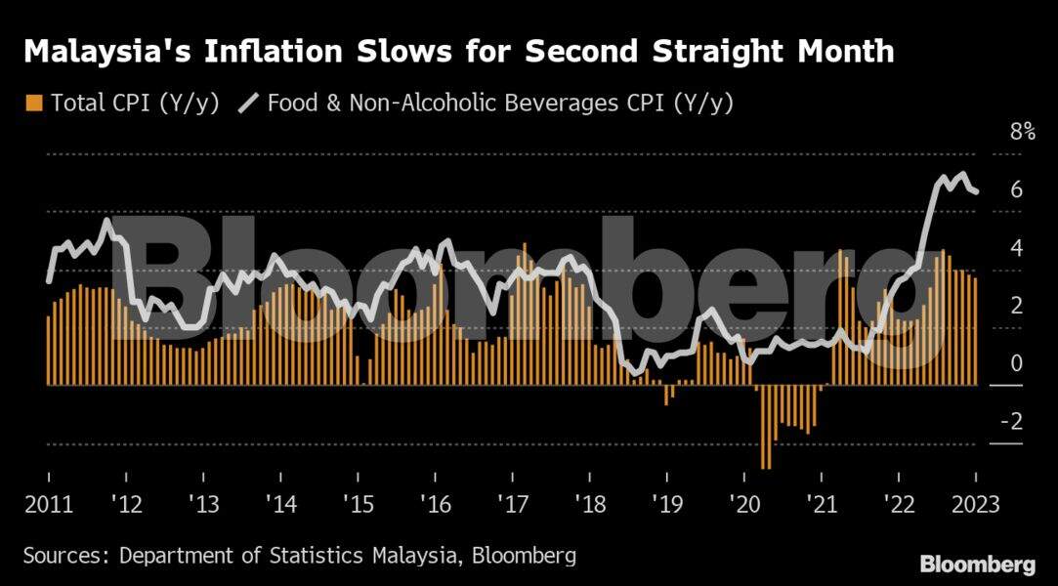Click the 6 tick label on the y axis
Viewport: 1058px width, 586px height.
1016,190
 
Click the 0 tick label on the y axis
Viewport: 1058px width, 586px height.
1016,364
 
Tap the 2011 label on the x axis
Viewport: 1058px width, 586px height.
49,505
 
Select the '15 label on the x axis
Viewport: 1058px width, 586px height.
359,505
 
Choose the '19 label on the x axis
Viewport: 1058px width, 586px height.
667,505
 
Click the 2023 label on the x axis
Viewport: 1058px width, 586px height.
974,505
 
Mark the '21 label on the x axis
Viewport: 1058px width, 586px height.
822,505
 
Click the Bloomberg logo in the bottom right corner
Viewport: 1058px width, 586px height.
977,565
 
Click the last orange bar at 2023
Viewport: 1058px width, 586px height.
975,332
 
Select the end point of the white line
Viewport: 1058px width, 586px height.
976,192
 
